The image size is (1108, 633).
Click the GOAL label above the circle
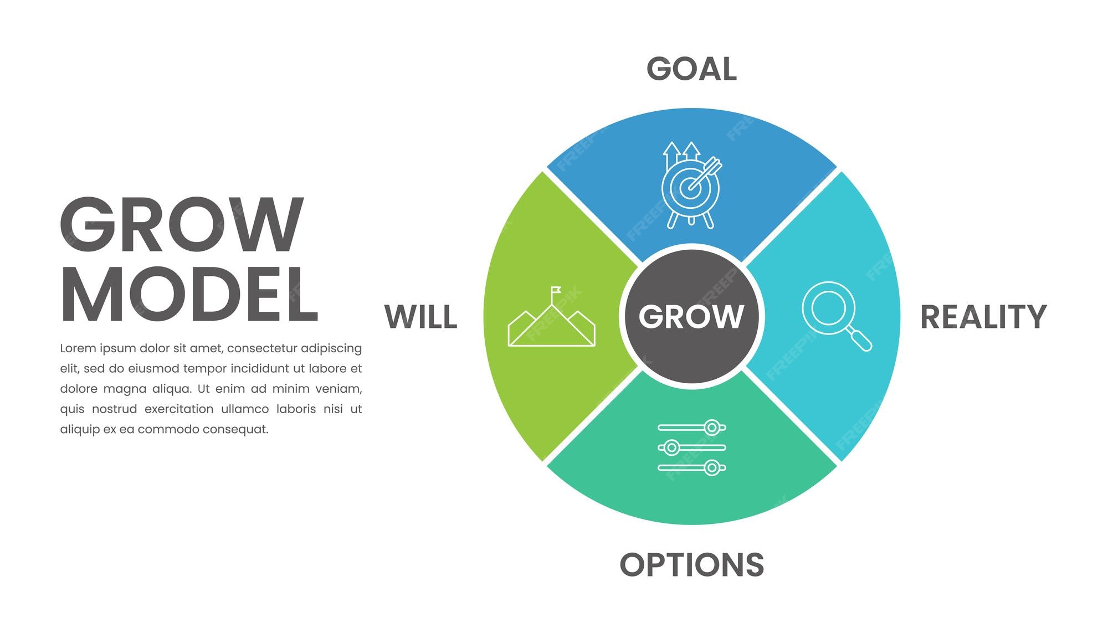691,69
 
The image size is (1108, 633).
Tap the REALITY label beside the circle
983,317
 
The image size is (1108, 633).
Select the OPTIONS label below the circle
691,565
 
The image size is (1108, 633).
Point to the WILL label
421,317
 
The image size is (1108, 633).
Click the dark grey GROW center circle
691,316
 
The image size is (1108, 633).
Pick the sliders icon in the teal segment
691,447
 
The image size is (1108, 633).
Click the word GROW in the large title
182,225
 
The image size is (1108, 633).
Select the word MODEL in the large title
189,294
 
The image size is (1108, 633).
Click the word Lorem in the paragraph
78,348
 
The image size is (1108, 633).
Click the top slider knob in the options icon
712,428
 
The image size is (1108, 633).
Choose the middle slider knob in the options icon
671,447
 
